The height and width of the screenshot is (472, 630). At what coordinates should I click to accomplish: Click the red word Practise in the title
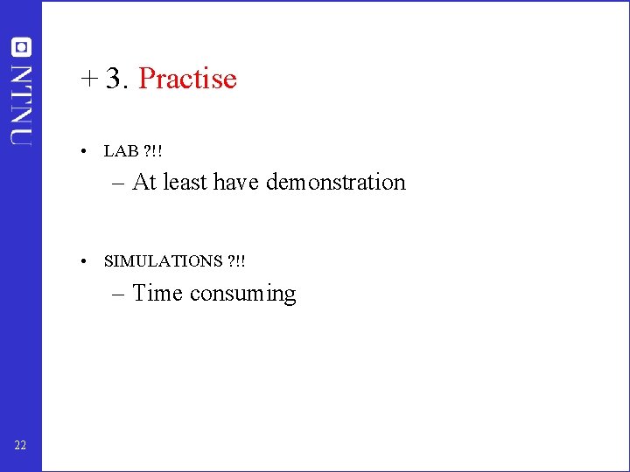click(x=187, y=79)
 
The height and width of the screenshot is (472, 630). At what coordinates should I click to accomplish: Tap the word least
click(x=185, y=182)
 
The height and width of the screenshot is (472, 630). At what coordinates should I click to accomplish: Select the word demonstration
click(x=336, y=182)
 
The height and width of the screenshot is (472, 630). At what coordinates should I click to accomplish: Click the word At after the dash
click(x=144, y=182)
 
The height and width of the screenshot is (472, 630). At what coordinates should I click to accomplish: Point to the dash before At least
click(x=119, y=184)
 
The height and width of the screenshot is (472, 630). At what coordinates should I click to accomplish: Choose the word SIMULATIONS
click(x=163, y=261)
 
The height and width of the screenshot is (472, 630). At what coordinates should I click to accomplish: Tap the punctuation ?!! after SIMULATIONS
click(x=236, y=261)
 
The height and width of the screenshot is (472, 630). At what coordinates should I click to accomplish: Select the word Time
click(x=158, y=293)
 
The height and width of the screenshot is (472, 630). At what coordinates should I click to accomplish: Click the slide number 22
click(x=20, y=447)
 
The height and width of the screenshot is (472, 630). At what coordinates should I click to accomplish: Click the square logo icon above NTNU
click(x=20, y=47)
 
